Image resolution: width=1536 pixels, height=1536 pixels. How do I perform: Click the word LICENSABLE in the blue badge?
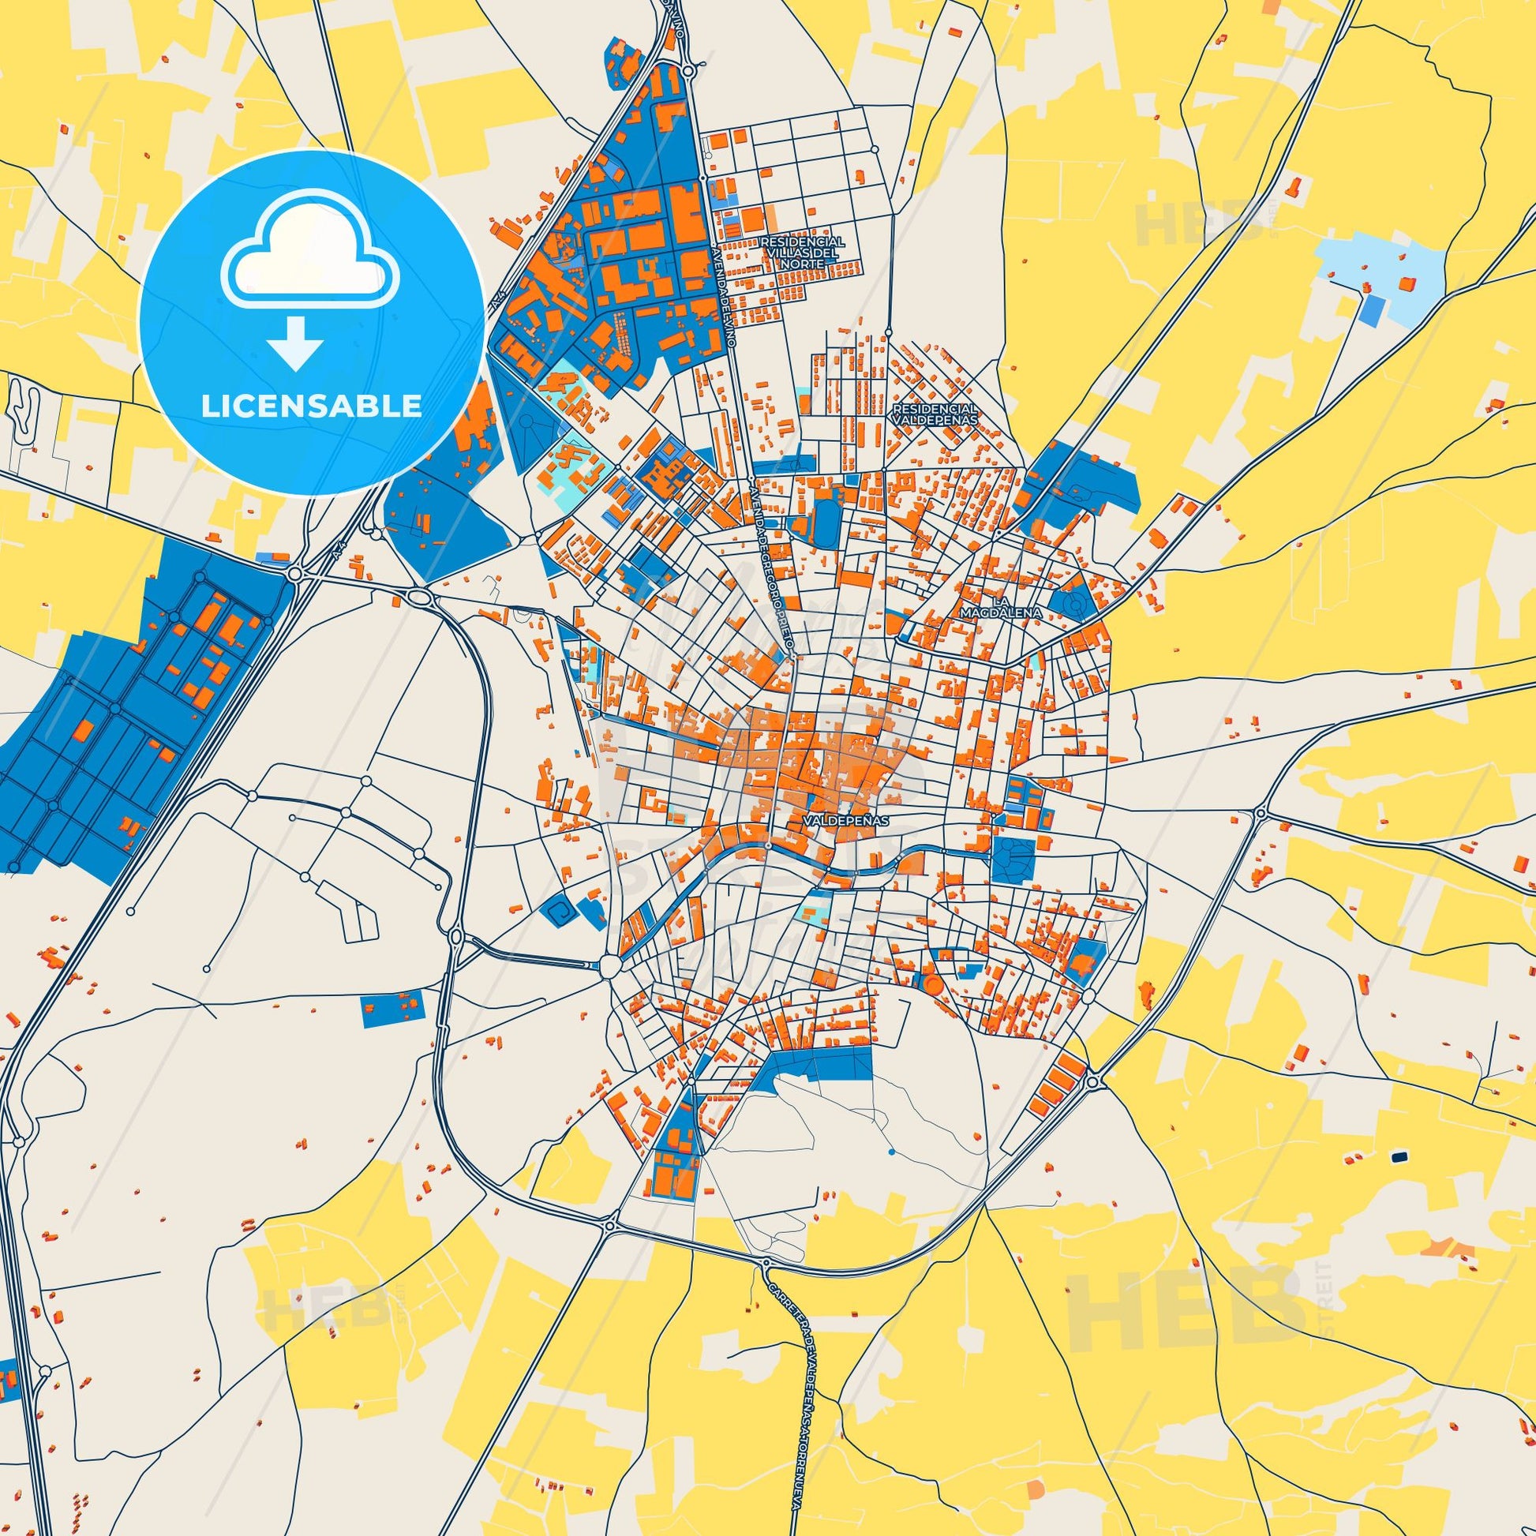312,406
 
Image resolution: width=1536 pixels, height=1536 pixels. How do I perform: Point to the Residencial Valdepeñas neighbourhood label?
937,414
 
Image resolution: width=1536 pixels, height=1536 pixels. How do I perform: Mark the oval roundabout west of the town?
419,596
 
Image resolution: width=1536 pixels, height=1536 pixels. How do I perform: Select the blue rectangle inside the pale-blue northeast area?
1373,311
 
